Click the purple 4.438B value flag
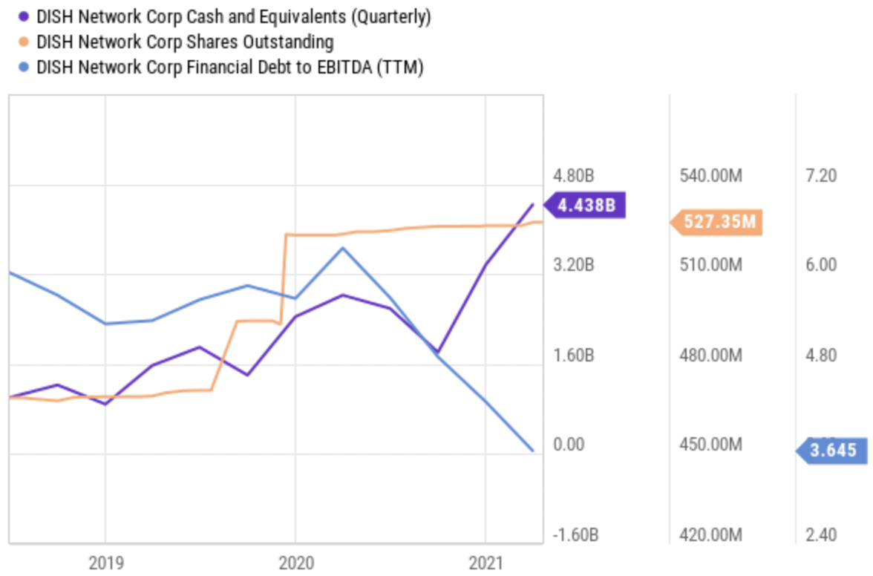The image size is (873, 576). [586, 205]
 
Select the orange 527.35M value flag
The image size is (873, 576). [718, 222]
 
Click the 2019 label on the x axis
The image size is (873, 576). [105, 563]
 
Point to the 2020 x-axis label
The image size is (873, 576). [295, 563]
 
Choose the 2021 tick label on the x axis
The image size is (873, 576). [485, 563]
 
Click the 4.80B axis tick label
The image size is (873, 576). [574, 176]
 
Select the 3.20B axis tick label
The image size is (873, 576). [574, 265]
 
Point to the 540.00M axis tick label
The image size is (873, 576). [710, 176]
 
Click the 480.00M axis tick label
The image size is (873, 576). [710, 356]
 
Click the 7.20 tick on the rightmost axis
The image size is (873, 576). [820, 176]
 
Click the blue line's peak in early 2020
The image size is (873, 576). [342, 248]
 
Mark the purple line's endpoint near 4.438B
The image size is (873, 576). [532, 204]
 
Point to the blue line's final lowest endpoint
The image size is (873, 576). [532, 451]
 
